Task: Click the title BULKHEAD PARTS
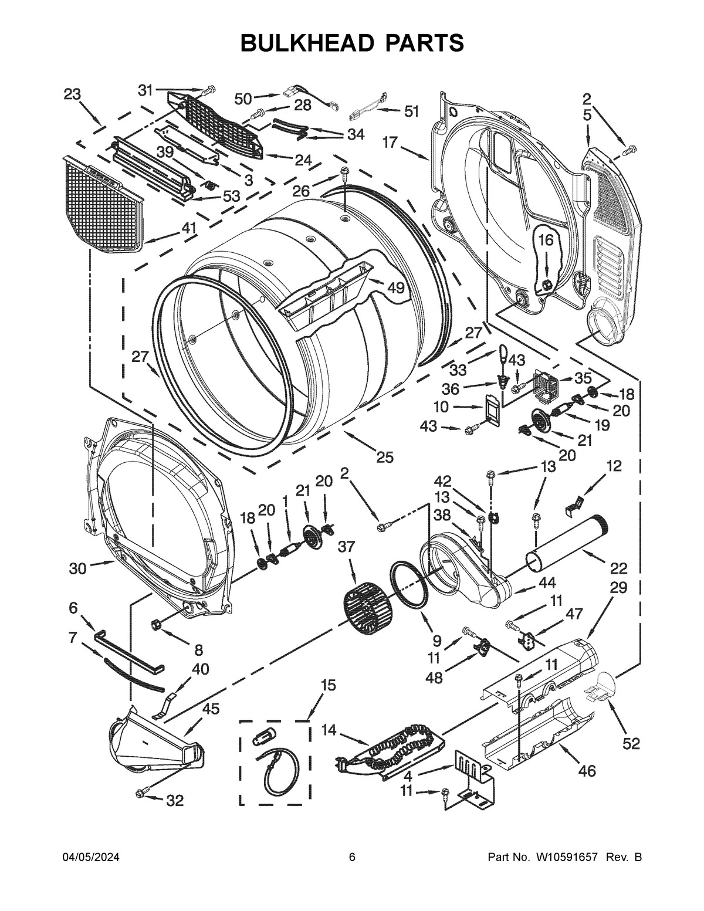(353, 43)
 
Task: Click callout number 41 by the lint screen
(188, 228)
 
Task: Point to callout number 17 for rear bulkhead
(390, 142)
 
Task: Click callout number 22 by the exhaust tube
(618, 568)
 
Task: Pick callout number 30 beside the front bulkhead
(77, 568)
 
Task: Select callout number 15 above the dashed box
(329, 684)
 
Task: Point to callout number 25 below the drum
(385, 457)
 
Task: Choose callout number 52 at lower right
(631, 743)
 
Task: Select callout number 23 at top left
(72, 94)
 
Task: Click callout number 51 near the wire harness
(412, 111)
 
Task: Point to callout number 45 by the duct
(211, 709)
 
